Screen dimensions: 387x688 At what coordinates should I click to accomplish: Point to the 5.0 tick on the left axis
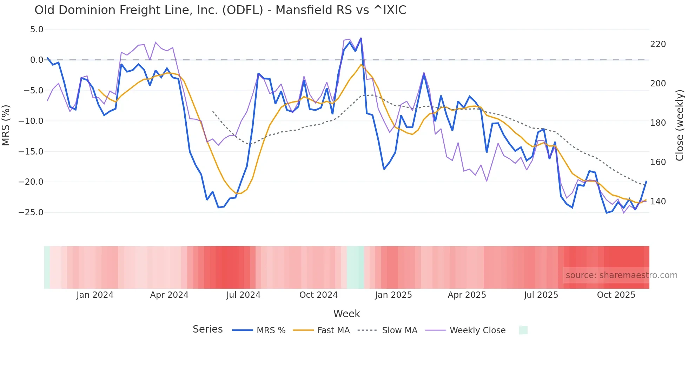[x=37, y=29]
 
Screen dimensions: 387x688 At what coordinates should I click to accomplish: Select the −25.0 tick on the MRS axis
[x=31, y=212]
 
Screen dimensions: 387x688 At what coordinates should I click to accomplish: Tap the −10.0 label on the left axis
[x=31, y=121]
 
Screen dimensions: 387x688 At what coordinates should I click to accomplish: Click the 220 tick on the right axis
[x=658, y=44]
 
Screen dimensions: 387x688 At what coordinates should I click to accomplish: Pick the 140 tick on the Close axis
[x=658, y=202]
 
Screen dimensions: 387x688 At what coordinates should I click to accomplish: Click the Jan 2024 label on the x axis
[x=95, y=295]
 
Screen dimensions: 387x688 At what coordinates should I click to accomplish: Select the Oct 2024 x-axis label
[x=318, y=295]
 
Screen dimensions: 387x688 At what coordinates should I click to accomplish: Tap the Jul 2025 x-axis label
[x=541, y=295]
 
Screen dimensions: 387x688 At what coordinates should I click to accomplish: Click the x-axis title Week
[x=346, y=314]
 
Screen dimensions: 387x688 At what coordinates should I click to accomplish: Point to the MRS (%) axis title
[x=6, y=125]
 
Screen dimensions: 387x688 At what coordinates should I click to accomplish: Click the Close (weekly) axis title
[x=680, y=125]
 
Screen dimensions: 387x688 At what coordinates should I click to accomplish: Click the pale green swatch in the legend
[x=523, y=330]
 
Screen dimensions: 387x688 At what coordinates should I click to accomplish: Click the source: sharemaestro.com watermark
[x=621, y=275]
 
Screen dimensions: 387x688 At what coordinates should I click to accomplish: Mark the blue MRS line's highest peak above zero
[x=361, y=38]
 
